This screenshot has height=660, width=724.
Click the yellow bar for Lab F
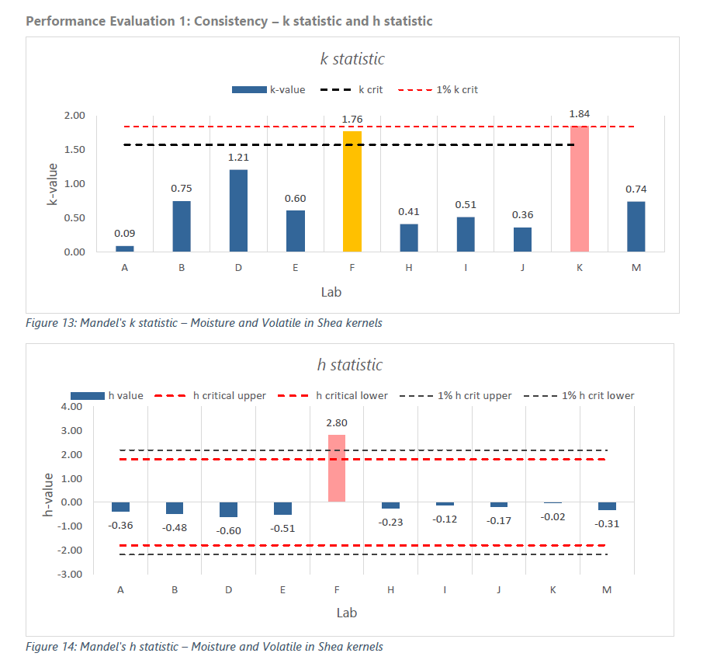(352, 191)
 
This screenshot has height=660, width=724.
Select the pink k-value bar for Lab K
(580, 189)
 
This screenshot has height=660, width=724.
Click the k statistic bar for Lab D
(237, 210)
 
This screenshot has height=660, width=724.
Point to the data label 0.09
(124, 233)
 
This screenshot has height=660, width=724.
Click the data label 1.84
(580, 113)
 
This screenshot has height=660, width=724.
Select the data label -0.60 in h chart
(228, 530)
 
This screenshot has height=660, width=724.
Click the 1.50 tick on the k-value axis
(74, 150)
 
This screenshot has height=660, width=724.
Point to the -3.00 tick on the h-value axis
(71, 575)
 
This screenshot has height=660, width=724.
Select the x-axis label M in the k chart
(636, 267)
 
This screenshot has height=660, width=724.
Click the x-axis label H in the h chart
(390, 590)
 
